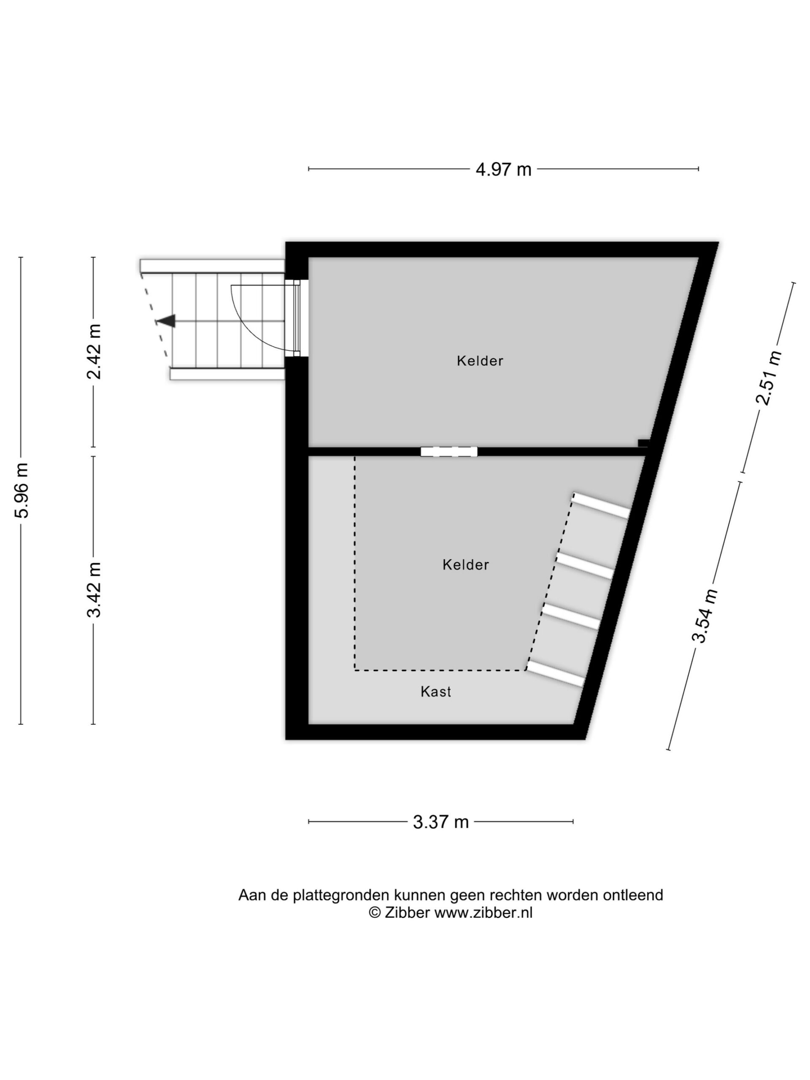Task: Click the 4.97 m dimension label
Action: pos(503,170)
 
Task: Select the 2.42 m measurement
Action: pos(94,351)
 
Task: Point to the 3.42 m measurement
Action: pos(94,589)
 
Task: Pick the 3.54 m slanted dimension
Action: pos(705,615)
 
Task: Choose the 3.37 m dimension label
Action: pos(440,822)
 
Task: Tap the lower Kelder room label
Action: pos(466,564)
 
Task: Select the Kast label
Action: pos(435,691)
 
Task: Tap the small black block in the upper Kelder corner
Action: pos(643,443)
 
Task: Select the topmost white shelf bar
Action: pos(601,505)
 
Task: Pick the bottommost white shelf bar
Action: pos(555,674)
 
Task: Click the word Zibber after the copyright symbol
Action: pos(407,913)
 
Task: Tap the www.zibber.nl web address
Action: pos(483,913)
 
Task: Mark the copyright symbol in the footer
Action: pos(375,913)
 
